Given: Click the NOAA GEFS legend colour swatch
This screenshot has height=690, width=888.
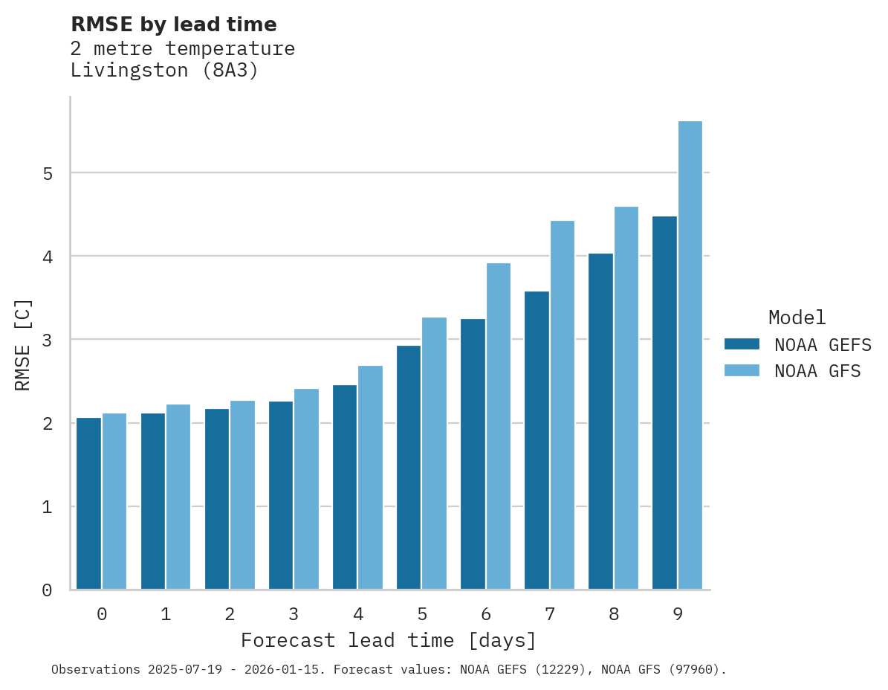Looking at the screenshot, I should (x=742, y=344).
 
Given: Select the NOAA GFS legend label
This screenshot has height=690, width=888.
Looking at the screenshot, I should (x=817, y=371).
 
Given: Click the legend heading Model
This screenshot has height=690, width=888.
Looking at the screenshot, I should (x=797, y=317).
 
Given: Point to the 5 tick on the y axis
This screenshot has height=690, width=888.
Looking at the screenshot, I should (x=47, y=173).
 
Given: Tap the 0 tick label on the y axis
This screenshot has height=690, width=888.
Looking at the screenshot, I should (x=47, y=590).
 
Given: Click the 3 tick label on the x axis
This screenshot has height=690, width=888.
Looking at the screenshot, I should (x=294, y=614).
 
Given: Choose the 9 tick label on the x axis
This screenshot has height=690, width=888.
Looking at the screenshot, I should (x=678, y=614).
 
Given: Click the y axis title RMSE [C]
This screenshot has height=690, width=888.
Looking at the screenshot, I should (x=23, y=344).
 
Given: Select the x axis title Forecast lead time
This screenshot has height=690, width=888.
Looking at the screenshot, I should (x=388, y=640).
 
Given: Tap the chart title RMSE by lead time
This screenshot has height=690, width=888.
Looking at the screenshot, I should (x=174, y=25).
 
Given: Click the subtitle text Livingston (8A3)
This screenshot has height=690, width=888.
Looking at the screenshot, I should (x=164, y=71).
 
